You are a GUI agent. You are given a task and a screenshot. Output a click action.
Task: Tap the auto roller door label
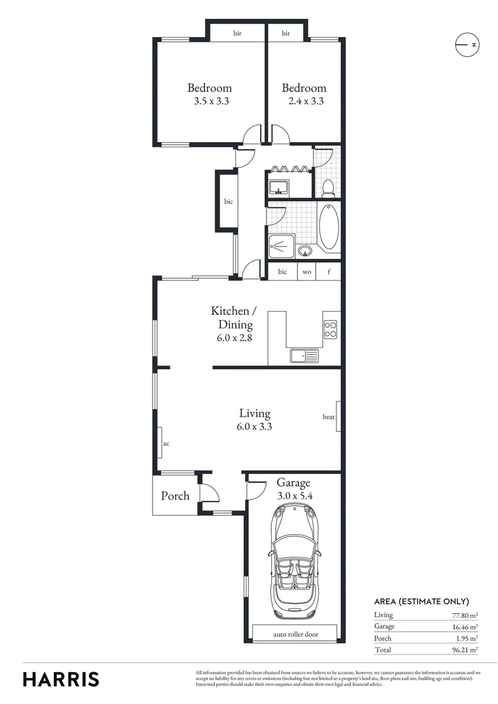[x=295, y=634]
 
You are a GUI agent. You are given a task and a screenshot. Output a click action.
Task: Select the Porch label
[x=175, y=496]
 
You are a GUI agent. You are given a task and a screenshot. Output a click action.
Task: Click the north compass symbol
[x=467, y=44]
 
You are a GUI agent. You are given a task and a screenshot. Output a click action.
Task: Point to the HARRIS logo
[x=61, y=679]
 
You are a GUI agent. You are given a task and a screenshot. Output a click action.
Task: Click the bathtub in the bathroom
[x=329, y=226]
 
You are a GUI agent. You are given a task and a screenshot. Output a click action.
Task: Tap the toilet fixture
[x=329, y=187]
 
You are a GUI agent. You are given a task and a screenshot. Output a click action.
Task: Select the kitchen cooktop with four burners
[x=330, y=330]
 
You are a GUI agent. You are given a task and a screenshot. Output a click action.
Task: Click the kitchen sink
[x=304, y=355]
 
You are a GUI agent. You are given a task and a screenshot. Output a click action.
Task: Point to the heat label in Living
[x=329, y=417]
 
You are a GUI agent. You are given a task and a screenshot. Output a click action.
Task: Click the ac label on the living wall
[x=166, y=443]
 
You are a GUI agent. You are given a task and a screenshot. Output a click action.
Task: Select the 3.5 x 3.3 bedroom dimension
[x=210, y=102]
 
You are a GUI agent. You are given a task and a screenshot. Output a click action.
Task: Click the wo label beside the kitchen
[x=306, y=272]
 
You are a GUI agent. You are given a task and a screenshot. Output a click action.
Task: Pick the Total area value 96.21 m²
[x=465, y=650]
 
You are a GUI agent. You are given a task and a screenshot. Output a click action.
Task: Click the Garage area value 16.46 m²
[x=465, y=626]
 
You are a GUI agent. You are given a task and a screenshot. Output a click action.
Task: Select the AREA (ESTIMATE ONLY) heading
[x=421, y=602]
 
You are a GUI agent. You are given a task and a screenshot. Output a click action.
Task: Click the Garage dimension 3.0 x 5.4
[x=295, y=495]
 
